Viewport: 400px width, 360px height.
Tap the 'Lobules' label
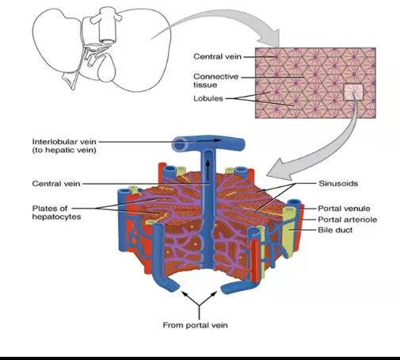(x=208, y=99)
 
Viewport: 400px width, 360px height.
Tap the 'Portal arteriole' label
(x=345, y=218)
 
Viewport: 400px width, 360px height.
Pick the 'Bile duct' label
(x=336, y=230)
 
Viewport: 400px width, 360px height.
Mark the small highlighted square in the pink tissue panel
(x=353, y=94)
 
